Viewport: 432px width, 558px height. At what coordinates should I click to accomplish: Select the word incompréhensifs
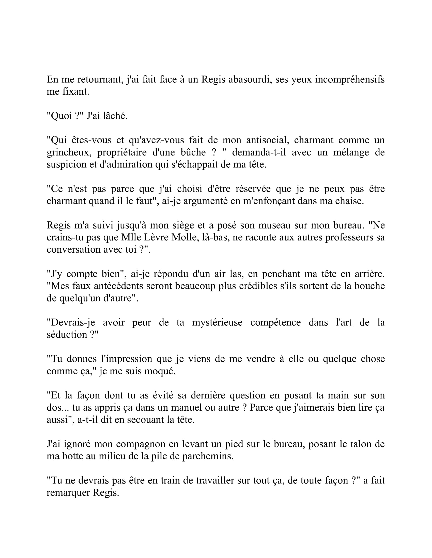point(350,79)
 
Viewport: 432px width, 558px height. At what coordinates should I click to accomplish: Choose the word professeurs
point(349,238)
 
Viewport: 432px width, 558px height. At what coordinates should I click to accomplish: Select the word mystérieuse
point(217,323)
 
